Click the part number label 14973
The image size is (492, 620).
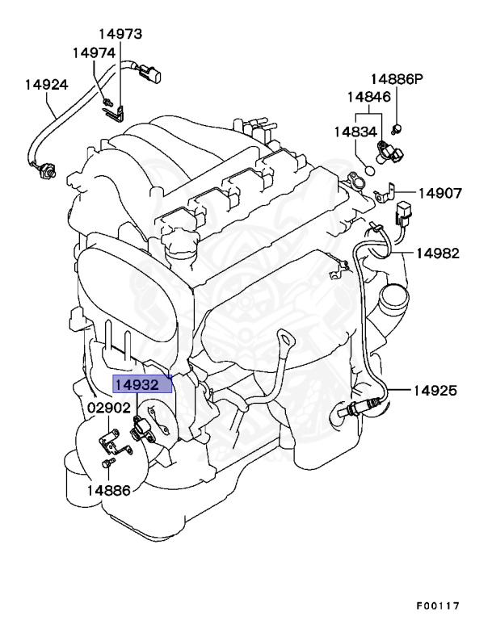(120, 34)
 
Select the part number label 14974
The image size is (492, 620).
(94, 52)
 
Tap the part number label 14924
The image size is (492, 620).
(46, 84)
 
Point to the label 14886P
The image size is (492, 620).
(397, 79)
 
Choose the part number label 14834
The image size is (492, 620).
(356, 131)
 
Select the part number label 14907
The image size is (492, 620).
(439, 194)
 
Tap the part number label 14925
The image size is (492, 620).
(435, 391)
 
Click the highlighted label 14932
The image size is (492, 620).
(142, 383)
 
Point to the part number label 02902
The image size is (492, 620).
(108, 408)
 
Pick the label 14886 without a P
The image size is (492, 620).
(108, 489)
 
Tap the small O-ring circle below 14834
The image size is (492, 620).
(368, 170)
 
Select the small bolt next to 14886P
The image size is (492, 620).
(397, 129)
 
